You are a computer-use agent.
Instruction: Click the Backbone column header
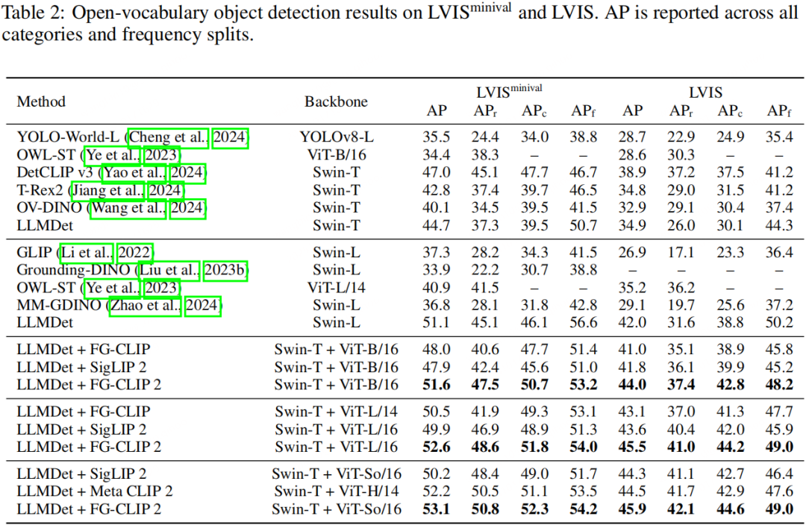tap(336, 101)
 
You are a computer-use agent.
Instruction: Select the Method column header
tap(42, 101)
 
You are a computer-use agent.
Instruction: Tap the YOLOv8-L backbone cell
tap(336, 137)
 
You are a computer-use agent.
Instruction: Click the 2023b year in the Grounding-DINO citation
tap(228, 270)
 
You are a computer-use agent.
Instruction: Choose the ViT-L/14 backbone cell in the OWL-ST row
tap(336, 288)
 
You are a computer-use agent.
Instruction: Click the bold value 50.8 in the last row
tap(486, 509)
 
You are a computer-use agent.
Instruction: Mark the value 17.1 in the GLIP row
tap(681, 252)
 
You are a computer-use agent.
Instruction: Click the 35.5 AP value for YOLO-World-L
tap(437, 137)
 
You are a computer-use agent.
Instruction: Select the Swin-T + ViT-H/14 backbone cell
tap(336, 491)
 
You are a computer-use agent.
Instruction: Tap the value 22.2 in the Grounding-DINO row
tap(486, 270)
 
